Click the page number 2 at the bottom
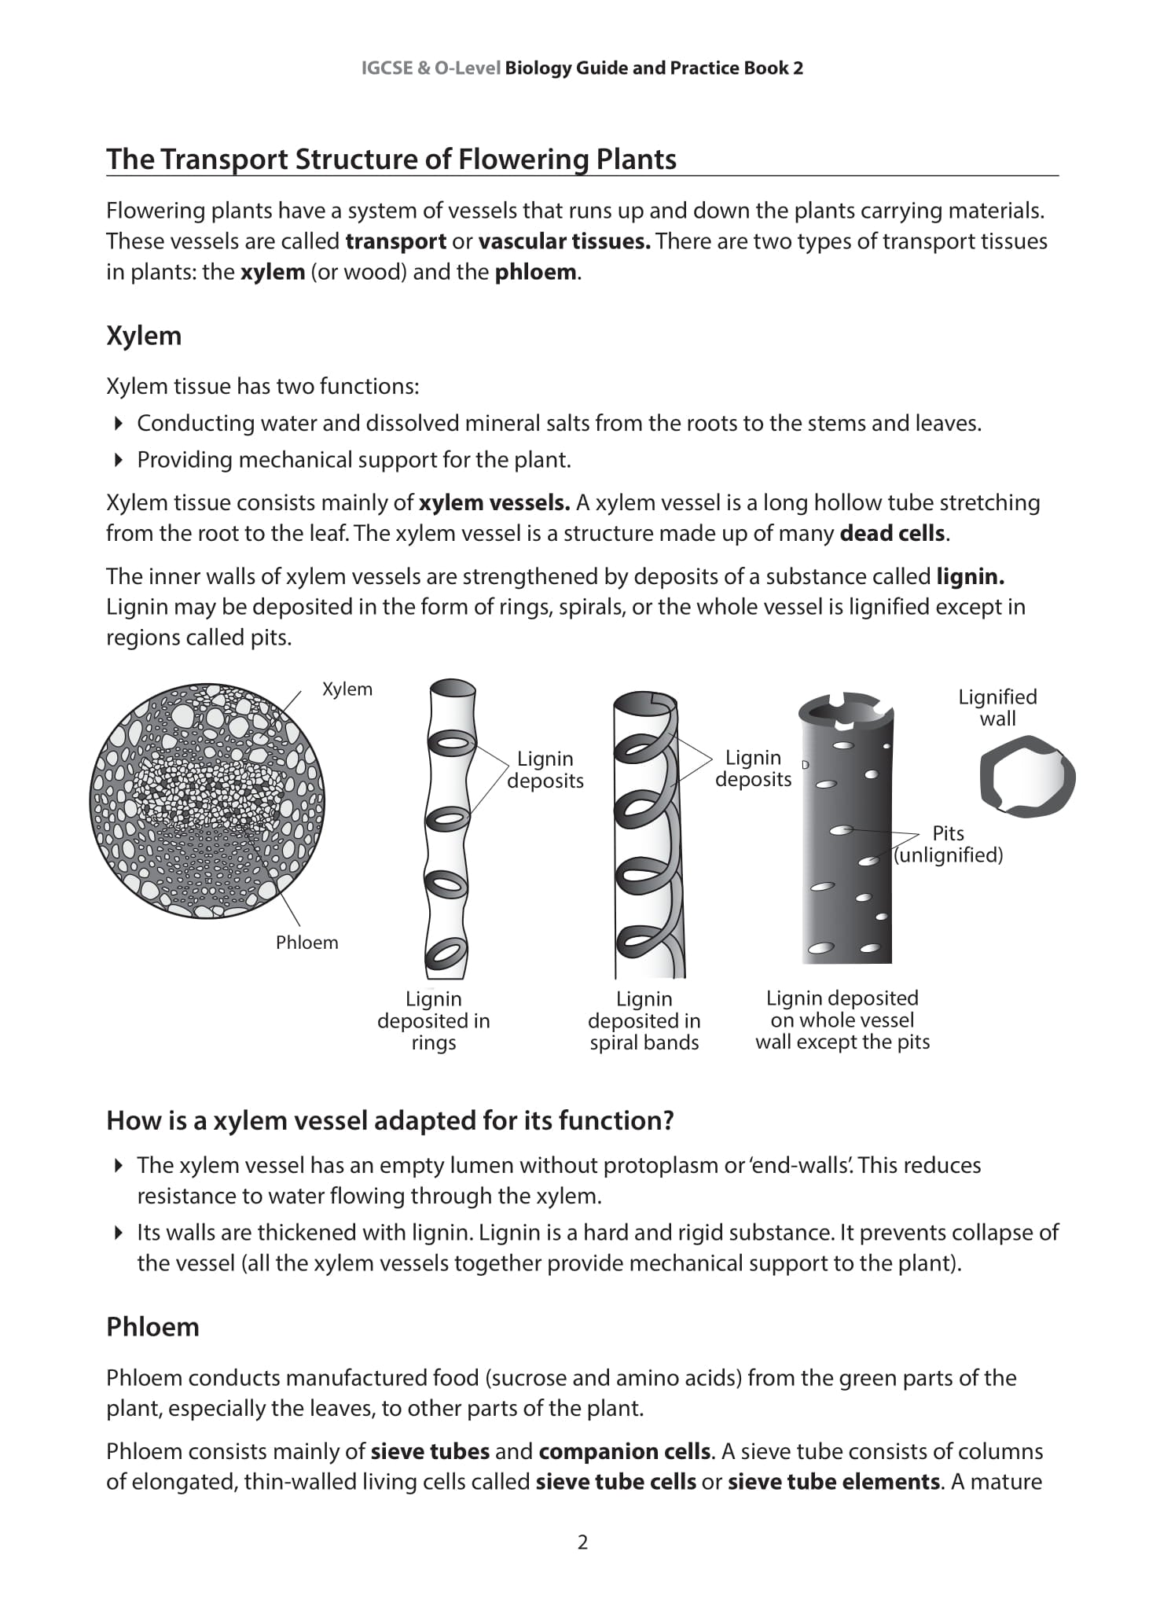pyautogui.click(x=582, y=1542)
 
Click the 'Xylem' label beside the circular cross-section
pyautogui.click(x=347, y=689)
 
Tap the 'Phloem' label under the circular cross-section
pyautogui.click(x=307, y=943)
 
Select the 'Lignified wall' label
pyautogui.click(x=997, y=708)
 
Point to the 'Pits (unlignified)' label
pyautogui.click(x=948, y=844)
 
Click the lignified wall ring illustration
pyautogui.click(x=1027, y=777)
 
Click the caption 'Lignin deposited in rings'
pyautogui.click(x=434, y=1020)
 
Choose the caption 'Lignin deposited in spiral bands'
pyautogui.click(x=644, y=1020)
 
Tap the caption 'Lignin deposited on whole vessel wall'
pyautogui.click(x=842, y=1020)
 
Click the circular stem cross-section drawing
pyautogui.click(x=207, y=800)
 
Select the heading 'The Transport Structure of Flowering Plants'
pyautogui.click(x=391, y=160)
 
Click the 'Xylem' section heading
pyautogui.click(x=144, y=336)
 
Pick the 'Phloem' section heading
pyautogui.click(x=152, y=1327)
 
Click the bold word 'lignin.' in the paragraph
pyautogui.click(x=971, y=577)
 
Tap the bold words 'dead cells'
pyautogui.click(x=892, y=534)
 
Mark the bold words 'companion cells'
pyautogui.click(x=624, y=1451)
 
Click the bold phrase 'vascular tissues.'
pyautogui.click(x=564, y=241)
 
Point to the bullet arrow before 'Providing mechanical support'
pyautogui.click(x=119, y=460)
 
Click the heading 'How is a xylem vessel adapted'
pyautogui.click(x=390, y=1120)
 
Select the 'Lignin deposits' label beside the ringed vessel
pyautogui.click(x=545, y=770)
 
